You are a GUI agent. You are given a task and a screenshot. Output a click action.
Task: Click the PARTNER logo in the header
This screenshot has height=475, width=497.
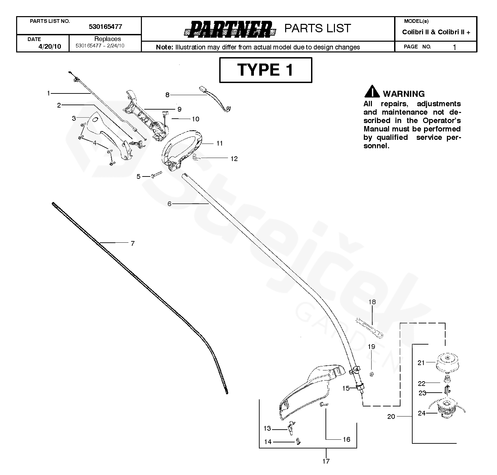tap(230, 29)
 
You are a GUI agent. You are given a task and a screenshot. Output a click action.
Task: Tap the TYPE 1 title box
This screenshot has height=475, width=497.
tap(265, 70)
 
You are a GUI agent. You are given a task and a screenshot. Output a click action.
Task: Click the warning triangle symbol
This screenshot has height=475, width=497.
tap(372, 92)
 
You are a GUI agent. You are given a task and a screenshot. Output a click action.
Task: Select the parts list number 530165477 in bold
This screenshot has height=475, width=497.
tap(105, 27)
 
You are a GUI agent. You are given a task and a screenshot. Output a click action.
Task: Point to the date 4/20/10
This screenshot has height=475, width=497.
tap(50, 46)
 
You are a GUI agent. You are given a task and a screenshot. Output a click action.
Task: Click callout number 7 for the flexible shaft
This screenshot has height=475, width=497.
tap(132, 243)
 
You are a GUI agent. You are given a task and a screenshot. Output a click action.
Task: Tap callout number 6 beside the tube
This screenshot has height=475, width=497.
tap(169, 203)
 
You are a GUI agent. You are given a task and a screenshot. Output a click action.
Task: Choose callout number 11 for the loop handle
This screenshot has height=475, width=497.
tap(219, 144)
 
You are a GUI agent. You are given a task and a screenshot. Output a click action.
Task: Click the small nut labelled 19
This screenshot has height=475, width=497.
tap(372, 374)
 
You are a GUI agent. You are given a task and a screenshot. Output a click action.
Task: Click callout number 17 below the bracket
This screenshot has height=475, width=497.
tap(326, 461)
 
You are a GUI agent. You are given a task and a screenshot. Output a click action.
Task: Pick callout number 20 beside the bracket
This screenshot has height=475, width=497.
tap(391, 417)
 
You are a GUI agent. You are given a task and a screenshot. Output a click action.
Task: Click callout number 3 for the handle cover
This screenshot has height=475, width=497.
tap(74, 118)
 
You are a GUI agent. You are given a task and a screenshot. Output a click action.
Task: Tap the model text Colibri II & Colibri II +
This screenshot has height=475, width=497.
tap(436, 32)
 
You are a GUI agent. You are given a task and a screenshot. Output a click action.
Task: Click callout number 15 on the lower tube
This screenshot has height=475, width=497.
tap(346, 388)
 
